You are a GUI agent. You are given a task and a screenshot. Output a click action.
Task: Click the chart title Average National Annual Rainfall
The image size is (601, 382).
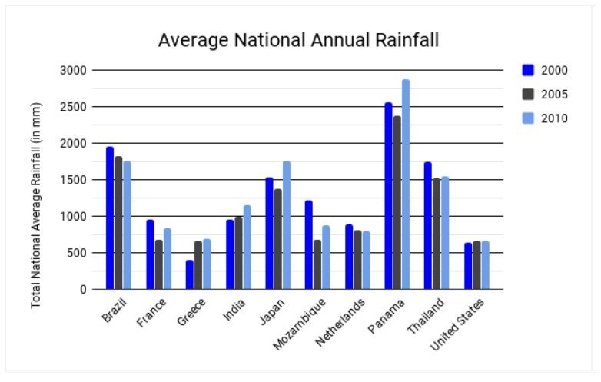(298, 41)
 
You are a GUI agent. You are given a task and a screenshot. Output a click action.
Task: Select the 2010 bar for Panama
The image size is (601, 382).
(405, 184)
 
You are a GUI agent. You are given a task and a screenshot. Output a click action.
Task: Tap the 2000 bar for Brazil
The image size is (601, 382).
(110, 218)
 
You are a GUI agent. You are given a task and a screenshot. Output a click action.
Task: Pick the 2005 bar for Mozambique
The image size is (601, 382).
(317, 264)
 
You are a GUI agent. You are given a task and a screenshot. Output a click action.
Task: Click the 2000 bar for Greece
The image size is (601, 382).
(189, 274)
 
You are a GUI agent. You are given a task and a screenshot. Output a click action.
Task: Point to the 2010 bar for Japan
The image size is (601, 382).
(287, 225)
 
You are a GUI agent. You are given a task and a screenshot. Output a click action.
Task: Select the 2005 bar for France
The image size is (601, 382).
(158, 264)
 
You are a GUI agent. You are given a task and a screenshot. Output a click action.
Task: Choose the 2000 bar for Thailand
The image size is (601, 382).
(427, 226)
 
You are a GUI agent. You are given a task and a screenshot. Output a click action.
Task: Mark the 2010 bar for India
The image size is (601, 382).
(247, 247)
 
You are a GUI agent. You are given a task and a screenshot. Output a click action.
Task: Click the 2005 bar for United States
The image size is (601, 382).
(476, 265)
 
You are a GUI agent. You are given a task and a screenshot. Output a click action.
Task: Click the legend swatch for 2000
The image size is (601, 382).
(528, 70)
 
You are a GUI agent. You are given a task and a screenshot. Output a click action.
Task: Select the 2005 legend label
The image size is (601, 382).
(554, 94)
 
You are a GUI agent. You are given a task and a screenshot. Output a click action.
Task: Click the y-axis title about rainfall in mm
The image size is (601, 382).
(36, 205)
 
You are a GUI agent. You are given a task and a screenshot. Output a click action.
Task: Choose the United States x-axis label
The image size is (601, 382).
(457, 324)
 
